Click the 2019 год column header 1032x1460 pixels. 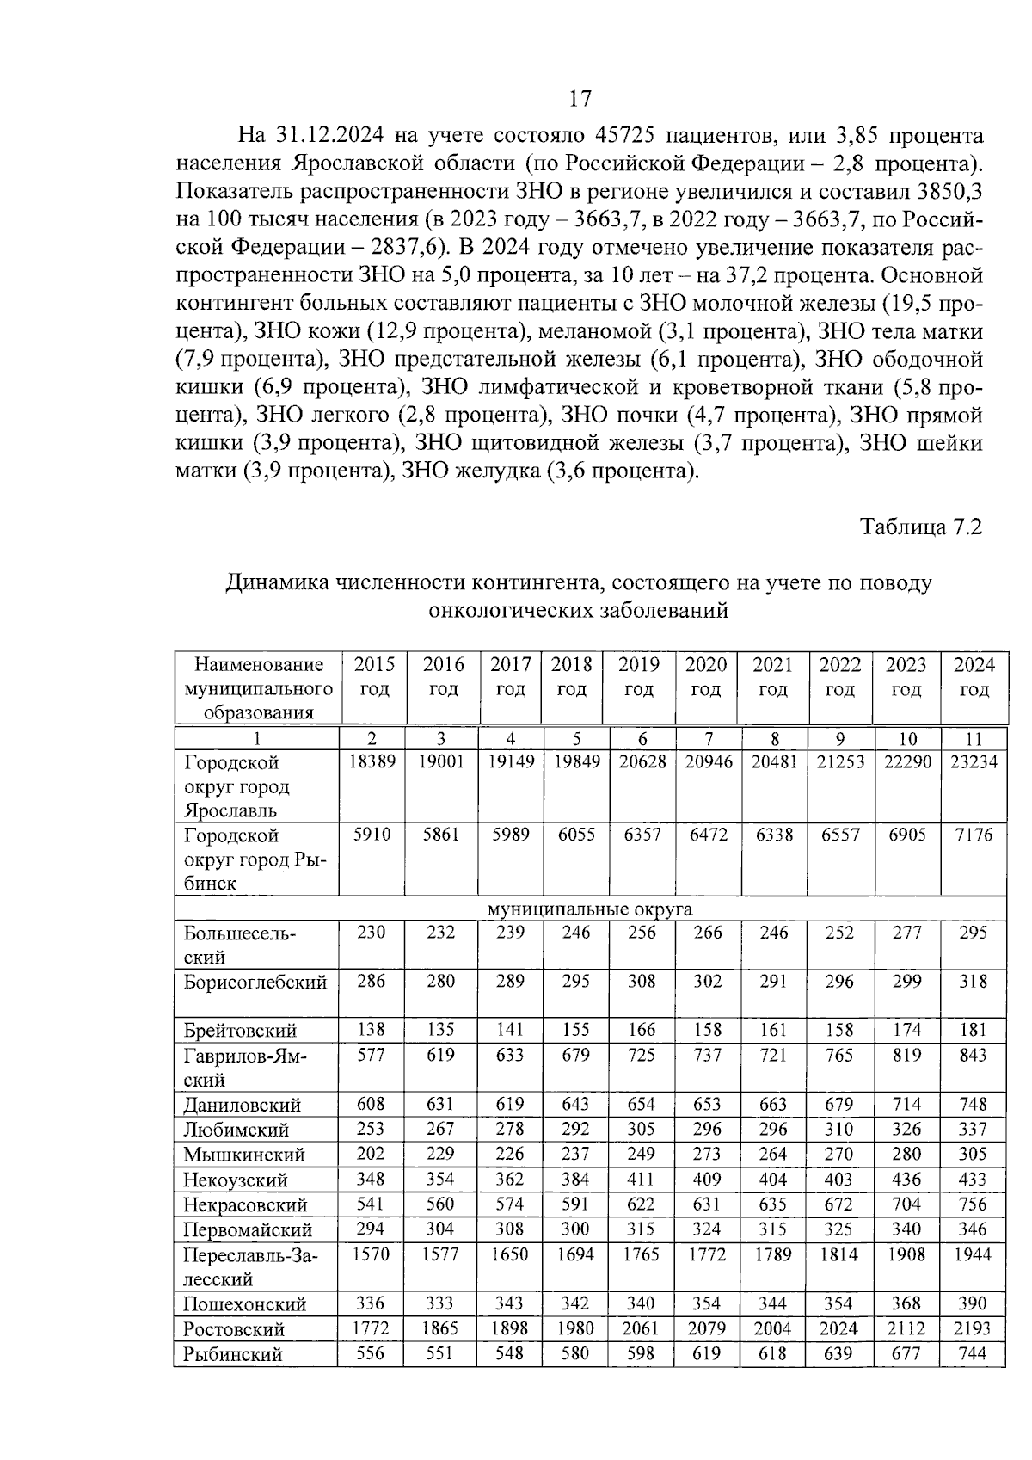[638, 676]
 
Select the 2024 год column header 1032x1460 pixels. [974, 676]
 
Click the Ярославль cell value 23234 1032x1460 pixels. [974, 761]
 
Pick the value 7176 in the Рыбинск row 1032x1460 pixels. [974, 835]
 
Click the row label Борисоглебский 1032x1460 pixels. [255, 982]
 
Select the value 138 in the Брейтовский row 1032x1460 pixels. [371, 1030]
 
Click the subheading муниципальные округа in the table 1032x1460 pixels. [590, 909]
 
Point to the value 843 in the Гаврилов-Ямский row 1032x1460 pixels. [973, 1055]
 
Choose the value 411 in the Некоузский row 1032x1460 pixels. [640, 1180]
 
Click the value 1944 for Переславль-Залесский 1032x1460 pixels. [973, 1254]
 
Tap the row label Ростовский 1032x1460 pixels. [233, 1329]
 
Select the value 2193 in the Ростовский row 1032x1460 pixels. [973, 1328]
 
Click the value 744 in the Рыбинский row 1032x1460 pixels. [973, 1353]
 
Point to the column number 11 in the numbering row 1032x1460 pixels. [974, 738]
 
